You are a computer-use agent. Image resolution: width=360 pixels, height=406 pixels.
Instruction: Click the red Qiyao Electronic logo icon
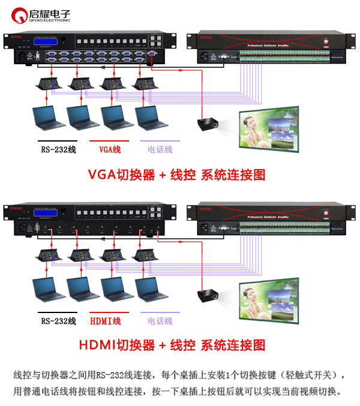[x=20, y=13]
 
